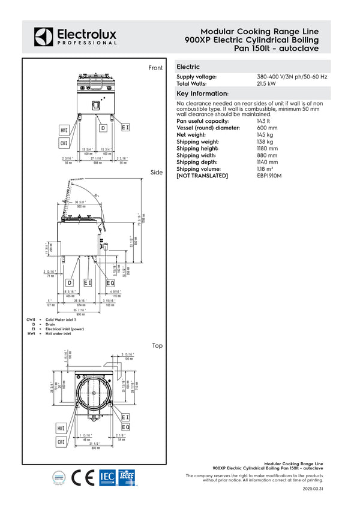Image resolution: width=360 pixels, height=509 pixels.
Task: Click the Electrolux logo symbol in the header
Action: coord(43,36)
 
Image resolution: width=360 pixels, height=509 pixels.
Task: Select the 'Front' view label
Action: coord(155,68)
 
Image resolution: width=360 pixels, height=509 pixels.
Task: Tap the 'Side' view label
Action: coord(157,173)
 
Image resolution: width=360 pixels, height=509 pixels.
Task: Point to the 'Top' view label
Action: coord(157,345)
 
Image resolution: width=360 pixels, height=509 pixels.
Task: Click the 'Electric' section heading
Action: coord(188,67)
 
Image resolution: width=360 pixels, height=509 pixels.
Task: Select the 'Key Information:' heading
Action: coord(202,94)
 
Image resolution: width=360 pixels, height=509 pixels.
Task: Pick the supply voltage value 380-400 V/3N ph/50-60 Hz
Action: coord(292,77)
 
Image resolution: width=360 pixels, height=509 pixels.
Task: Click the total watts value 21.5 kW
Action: coord(266,83)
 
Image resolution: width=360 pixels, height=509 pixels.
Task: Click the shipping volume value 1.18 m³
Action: coord(266,168)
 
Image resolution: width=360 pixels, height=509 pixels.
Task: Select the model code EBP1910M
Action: coord(269,175)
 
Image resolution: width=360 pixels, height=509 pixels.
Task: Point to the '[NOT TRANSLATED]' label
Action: coord(202,175)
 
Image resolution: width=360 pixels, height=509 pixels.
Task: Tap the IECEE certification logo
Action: coord(127,477)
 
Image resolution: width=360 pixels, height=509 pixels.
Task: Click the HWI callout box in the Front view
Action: coord(64,130)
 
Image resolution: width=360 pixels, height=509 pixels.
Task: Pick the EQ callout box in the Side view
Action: coord(110,283)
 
